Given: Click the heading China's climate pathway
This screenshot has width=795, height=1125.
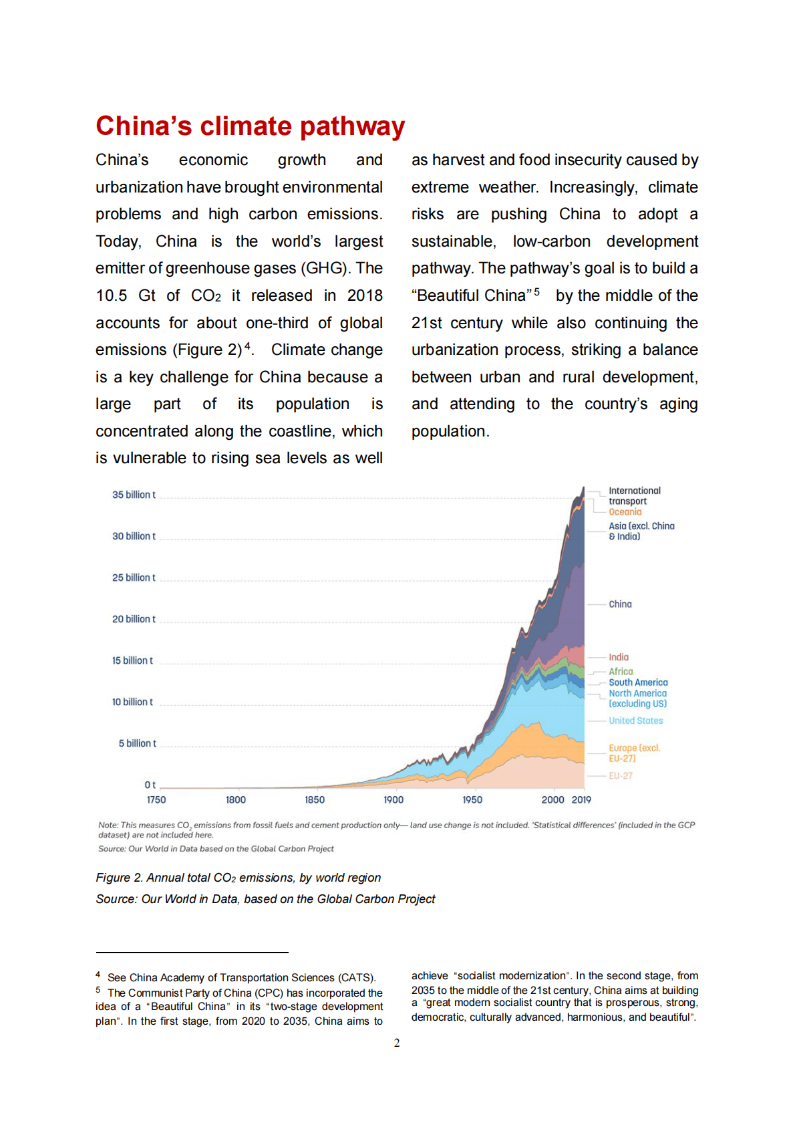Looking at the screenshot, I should tap(250, 126).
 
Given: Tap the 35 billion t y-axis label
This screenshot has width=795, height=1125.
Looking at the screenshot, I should tap(134, 495).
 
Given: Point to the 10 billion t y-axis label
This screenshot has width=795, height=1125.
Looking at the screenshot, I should tap(132, 702).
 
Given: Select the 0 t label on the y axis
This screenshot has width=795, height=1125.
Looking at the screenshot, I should tap(150, 785).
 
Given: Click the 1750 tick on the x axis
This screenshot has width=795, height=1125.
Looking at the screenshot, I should tap(156, 799).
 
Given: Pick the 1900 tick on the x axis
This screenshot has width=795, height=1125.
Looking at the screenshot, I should tap(393, 799).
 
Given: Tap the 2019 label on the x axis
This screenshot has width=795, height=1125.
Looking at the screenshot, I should tap(581, 799).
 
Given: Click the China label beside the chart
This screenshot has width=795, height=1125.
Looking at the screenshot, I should tap(620, 604).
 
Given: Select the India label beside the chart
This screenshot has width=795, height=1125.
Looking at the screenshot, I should tap(619, 657).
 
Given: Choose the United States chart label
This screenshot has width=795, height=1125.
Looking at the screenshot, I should tap(635, 721).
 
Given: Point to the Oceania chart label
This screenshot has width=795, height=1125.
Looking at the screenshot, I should tap(625, 512).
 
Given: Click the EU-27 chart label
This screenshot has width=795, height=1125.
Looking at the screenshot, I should tap(621, 775).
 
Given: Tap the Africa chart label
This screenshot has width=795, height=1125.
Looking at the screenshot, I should tap(621, 671).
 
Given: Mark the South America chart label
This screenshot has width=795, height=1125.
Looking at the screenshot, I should tap(638, 682).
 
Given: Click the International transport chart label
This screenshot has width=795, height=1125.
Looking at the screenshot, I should tap(634, 495).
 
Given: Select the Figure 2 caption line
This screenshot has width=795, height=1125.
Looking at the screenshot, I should tap(238, 878).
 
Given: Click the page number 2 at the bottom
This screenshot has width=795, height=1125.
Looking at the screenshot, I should tap(397, 1043).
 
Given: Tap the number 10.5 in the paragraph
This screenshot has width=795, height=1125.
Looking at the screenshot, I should tap(111, 295).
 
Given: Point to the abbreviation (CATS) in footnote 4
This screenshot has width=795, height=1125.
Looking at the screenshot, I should tap(357, 977).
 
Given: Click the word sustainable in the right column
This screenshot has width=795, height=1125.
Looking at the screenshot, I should tap(452, 241).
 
